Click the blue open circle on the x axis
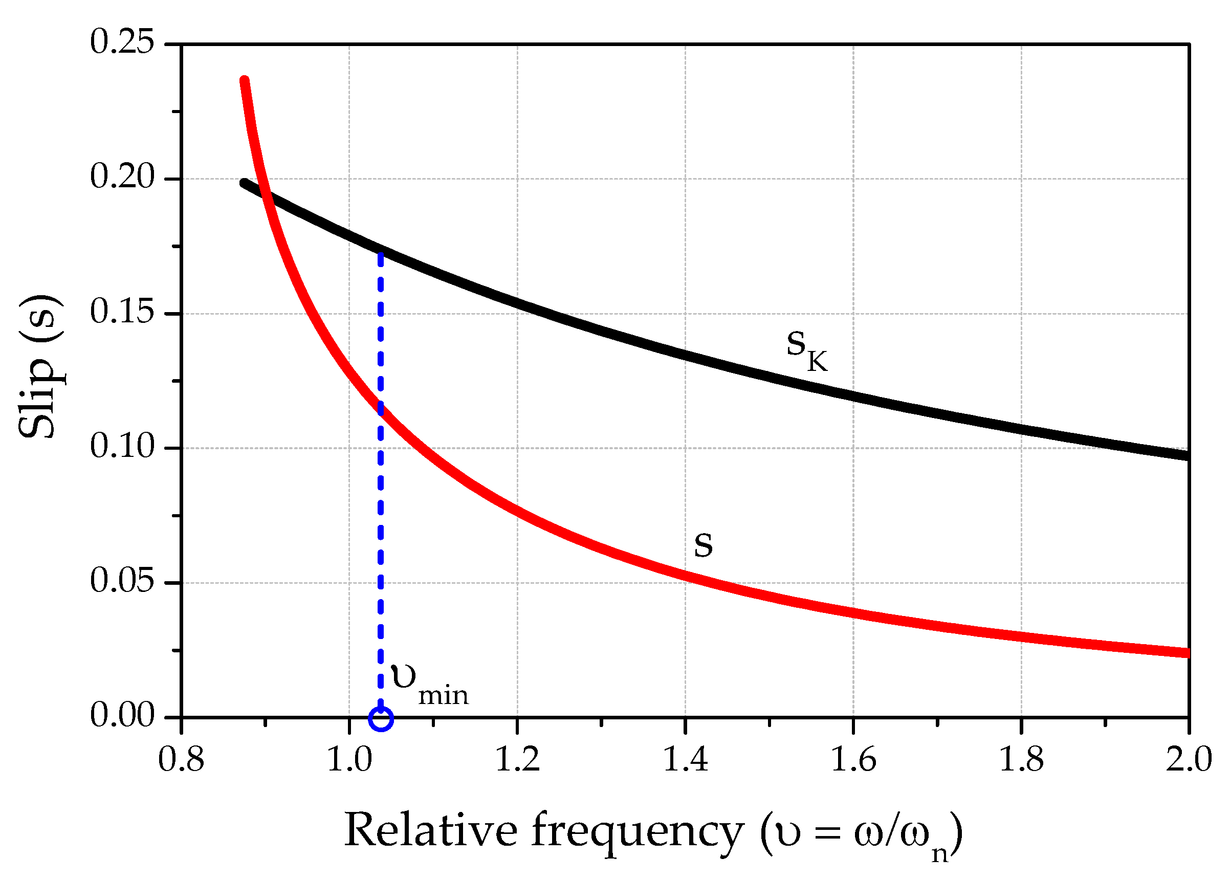(380, 719)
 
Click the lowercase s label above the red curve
(704, 544)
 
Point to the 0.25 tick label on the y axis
(122, 42)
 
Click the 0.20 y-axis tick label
(122, 177)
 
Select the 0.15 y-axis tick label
(122, 312)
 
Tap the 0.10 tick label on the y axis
(122, 447)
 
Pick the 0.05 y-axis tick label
(122, 581)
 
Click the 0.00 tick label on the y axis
(122, 715)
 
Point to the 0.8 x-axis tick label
(181, 760)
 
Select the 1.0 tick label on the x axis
(349, 760)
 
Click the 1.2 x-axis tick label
(517, 760)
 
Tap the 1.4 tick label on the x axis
(686, 760)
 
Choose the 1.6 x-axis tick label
(853, 760)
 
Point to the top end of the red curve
(245, 81)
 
